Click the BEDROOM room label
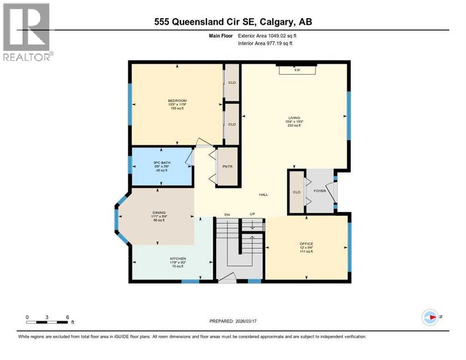click(177, 101)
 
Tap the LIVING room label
click(294, 118)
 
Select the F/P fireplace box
click(297, 70)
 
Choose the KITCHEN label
click(178, 259)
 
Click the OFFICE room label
click(306, 243)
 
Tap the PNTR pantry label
click(227, 166)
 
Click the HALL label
click(263, 195)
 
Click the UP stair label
click(252, 214)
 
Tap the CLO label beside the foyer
click(296, 192)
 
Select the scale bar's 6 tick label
click(68, 317)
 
